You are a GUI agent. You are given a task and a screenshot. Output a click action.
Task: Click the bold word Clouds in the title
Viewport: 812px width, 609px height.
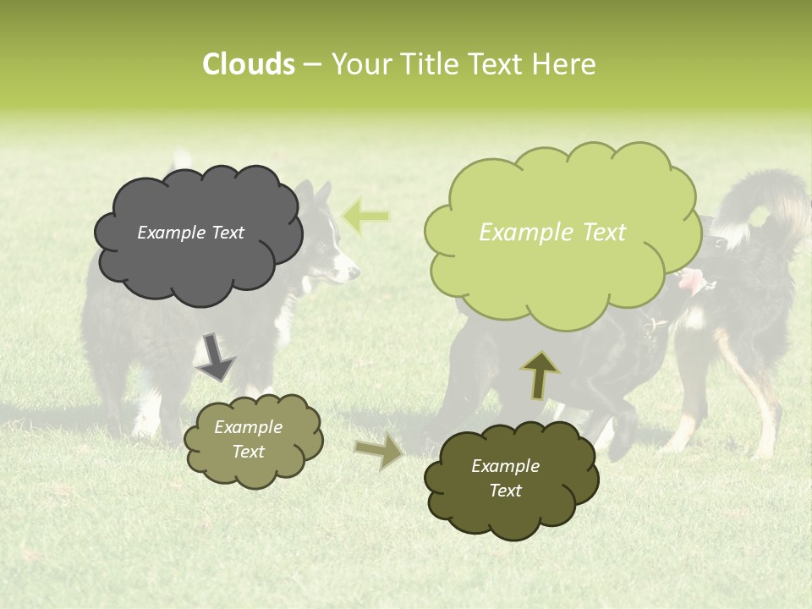(x=249, y=64)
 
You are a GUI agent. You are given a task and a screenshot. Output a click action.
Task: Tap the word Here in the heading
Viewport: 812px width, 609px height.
(x=564, y=64)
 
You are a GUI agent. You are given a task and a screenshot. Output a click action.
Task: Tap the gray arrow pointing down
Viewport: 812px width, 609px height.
(x=217, y=356)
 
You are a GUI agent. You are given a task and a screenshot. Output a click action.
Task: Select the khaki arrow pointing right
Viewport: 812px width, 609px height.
(x=380, y=452)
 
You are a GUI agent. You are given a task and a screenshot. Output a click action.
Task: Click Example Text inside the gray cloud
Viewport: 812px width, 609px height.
(x=190, y=233)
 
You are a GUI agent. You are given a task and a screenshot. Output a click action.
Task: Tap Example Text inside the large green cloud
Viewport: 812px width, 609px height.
(x=552, y=233)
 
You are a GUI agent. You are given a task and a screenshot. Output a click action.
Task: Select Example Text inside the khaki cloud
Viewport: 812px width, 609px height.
(x=248, y=439)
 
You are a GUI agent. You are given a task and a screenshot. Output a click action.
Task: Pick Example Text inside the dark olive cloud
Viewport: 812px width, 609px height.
(x=505, y=478)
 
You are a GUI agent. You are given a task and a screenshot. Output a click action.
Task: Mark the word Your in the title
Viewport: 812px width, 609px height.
(x=361, y=64)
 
